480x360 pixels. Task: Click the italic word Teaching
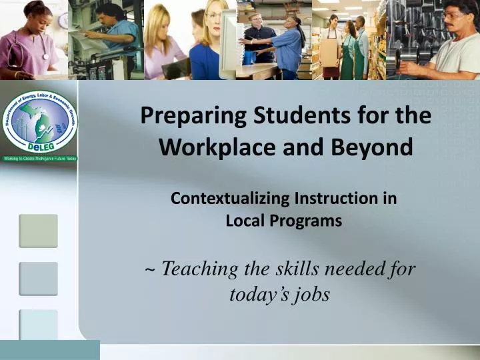[200, 269]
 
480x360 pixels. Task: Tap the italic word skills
[292, 269]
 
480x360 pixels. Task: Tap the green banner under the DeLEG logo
[40, 159]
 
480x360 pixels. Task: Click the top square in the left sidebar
[38, 231]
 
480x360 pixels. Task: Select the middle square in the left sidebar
[38, 279]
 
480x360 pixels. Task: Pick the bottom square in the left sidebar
[38, 325]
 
